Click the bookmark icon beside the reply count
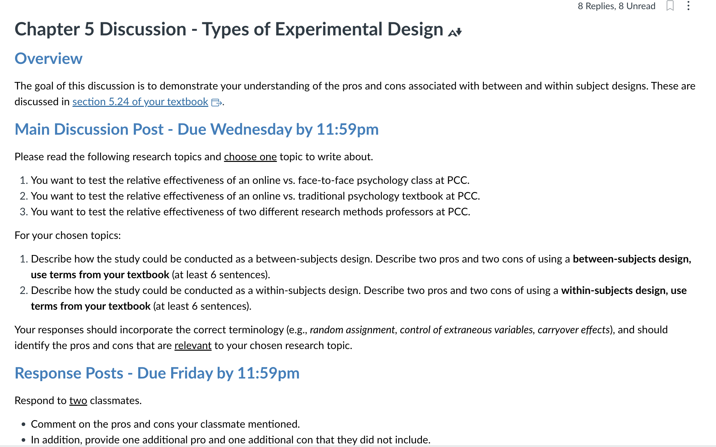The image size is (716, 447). (670, 6)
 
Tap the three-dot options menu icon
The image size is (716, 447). (688, 6)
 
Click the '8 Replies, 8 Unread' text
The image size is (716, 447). (616, 6)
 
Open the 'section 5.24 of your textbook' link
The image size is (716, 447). (140, 102)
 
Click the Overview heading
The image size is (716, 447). (49, 59)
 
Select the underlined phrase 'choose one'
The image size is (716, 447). (250, 157)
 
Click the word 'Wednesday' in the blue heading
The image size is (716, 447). (251, 129)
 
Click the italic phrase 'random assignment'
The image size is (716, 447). (352, 330)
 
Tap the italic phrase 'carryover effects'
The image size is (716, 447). (573, 330)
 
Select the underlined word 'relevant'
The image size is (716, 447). (193, 345)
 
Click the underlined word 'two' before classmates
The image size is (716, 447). (78, 400)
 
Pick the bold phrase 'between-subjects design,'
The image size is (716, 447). (632, 259)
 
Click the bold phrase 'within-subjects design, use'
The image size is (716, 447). (624, 290)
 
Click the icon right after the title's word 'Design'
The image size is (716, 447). (455, 32)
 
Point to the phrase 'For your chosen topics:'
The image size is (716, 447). (68, 235)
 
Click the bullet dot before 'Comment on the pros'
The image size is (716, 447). (23, 424)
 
